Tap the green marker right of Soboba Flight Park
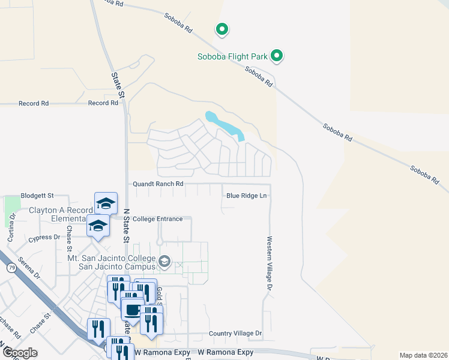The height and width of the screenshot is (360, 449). pyautogui.click(x=277, y=56)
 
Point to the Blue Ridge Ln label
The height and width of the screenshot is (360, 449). pyautogui.click(x=246, y=196)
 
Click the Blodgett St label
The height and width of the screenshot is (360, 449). pyautogui.click(x=37, y=196)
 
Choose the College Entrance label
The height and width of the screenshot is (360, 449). pyautogui.click(x=157, y=219)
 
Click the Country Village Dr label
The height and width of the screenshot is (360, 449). pyautogui.click(x=235, y=333)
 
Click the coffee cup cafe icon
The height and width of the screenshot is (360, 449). pyautogui.click(x=132, y=310)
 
